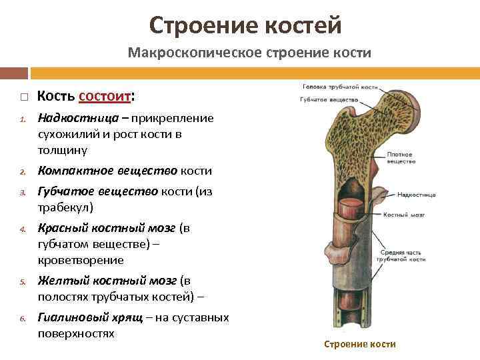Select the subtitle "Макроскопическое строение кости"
tap(249, 52)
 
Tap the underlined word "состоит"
tap(105, 96)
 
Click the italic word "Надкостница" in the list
tap(74, 118)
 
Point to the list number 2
tap(21, 171)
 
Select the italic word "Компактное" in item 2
tap(71, 170)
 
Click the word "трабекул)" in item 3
tap(65, 207)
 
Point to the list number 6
tap(21, 319)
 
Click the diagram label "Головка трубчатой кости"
tap(340, 87)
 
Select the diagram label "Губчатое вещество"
tap(330, 100)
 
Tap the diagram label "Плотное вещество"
tap(400, 158)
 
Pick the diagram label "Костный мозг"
tap(402, 215)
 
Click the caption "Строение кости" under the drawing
tap(359, 344)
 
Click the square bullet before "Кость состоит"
tap(23, 97)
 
